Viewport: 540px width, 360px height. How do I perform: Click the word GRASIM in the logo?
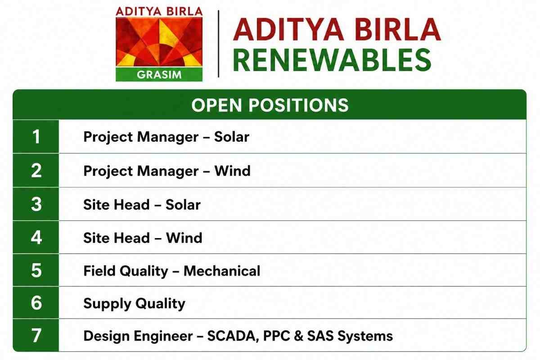(x=159, y=75)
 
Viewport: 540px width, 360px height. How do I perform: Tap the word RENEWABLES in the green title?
(x=332, y=59)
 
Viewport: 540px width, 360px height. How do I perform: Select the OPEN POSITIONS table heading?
(x=270, y=105)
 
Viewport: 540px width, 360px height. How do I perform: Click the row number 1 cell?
(x=36, y=136)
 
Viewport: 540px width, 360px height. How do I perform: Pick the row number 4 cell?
(x=36, y=237)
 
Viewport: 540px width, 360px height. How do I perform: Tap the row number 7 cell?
(x=36, y=335)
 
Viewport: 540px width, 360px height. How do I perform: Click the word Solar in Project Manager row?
(x=232, y=137)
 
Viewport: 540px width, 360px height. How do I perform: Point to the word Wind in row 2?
(x=232, y=171)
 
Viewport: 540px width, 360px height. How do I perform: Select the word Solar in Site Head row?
(x=183, y=205)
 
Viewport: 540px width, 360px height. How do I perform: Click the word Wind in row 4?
(x=184, y=238)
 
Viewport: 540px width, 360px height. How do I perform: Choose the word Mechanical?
(x=222, y=271)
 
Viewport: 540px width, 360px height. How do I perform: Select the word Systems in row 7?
(x=365, y=336)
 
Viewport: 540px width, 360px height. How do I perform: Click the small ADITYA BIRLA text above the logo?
(x=159, y=12)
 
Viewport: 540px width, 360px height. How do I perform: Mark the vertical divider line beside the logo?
(x=218, y=44)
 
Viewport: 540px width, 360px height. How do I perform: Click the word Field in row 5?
(x=99, y=271)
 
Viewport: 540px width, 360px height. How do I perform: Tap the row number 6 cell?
(x=36, y=302)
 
